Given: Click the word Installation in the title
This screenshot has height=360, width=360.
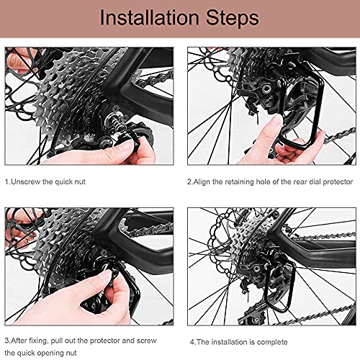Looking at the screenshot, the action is click(x=149, y=17).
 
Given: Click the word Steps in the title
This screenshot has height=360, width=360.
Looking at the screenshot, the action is click(x=233, y=18).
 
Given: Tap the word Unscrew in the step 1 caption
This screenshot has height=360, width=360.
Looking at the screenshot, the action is click(x=26, y=181).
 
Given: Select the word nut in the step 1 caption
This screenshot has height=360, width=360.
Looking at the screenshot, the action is click(x=80, y=182).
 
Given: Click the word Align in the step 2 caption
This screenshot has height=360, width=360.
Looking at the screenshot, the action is click(x=202, y=181).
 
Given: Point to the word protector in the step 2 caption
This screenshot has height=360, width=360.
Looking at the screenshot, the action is click(x=338, y=182).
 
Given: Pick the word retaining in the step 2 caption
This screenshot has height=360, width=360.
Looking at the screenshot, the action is click(x=237, y=181).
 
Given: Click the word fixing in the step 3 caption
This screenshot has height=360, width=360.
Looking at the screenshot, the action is click(x=38, y=341).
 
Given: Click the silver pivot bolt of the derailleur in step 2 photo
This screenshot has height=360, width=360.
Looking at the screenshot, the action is click(x=265, y=89).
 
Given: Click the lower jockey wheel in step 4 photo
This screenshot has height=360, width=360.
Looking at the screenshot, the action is click(x=256, y=319).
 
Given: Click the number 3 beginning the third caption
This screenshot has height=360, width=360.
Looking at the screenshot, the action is click(x=7, y=341).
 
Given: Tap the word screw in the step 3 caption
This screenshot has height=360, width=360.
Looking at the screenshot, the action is click(x=147, y=341).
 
